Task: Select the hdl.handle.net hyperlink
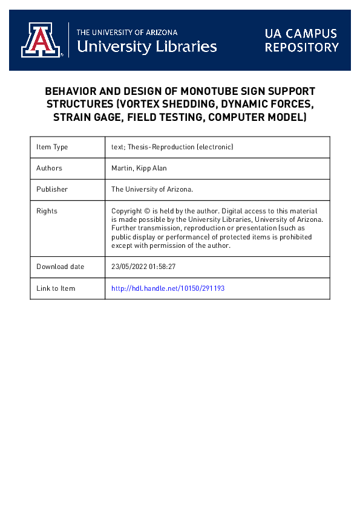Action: [168, 288]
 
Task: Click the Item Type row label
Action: [52, 147]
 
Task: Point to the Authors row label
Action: [49, 168]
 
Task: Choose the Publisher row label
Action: [52, 189]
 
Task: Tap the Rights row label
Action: [47, 211]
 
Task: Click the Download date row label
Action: [60, 267]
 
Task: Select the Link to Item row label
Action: [56, 288]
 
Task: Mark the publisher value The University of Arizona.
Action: [152, 189]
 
